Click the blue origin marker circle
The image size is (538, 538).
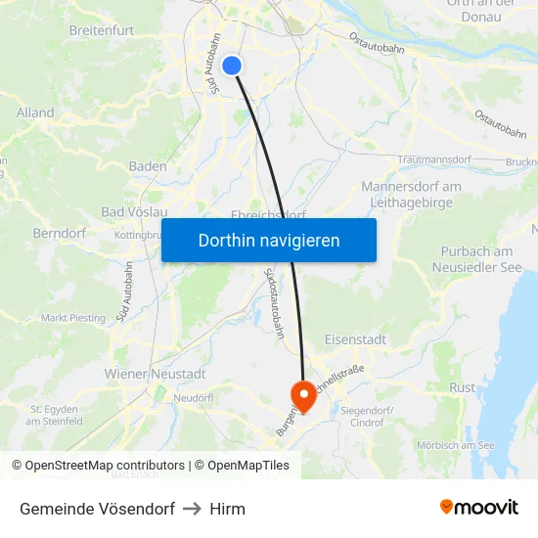point(232,66)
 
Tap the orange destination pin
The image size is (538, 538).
point(304,394)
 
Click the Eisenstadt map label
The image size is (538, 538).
point(355,339)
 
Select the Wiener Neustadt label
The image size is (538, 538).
point(155,374)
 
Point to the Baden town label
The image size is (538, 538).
point(148,166)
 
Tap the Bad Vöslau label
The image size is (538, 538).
point(135,212)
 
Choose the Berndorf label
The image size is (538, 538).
point(60,234)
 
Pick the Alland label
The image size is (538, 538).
point(35,113)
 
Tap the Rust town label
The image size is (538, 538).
point(462,387)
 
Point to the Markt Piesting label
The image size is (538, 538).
point(73,318)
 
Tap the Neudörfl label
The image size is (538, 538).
point(193,398)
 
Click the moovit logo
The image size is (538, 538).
point(479,508)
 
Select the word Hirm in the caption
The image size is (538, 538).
point(227,509)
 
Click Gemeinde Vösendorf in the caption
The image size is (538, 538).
point(97,509)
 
